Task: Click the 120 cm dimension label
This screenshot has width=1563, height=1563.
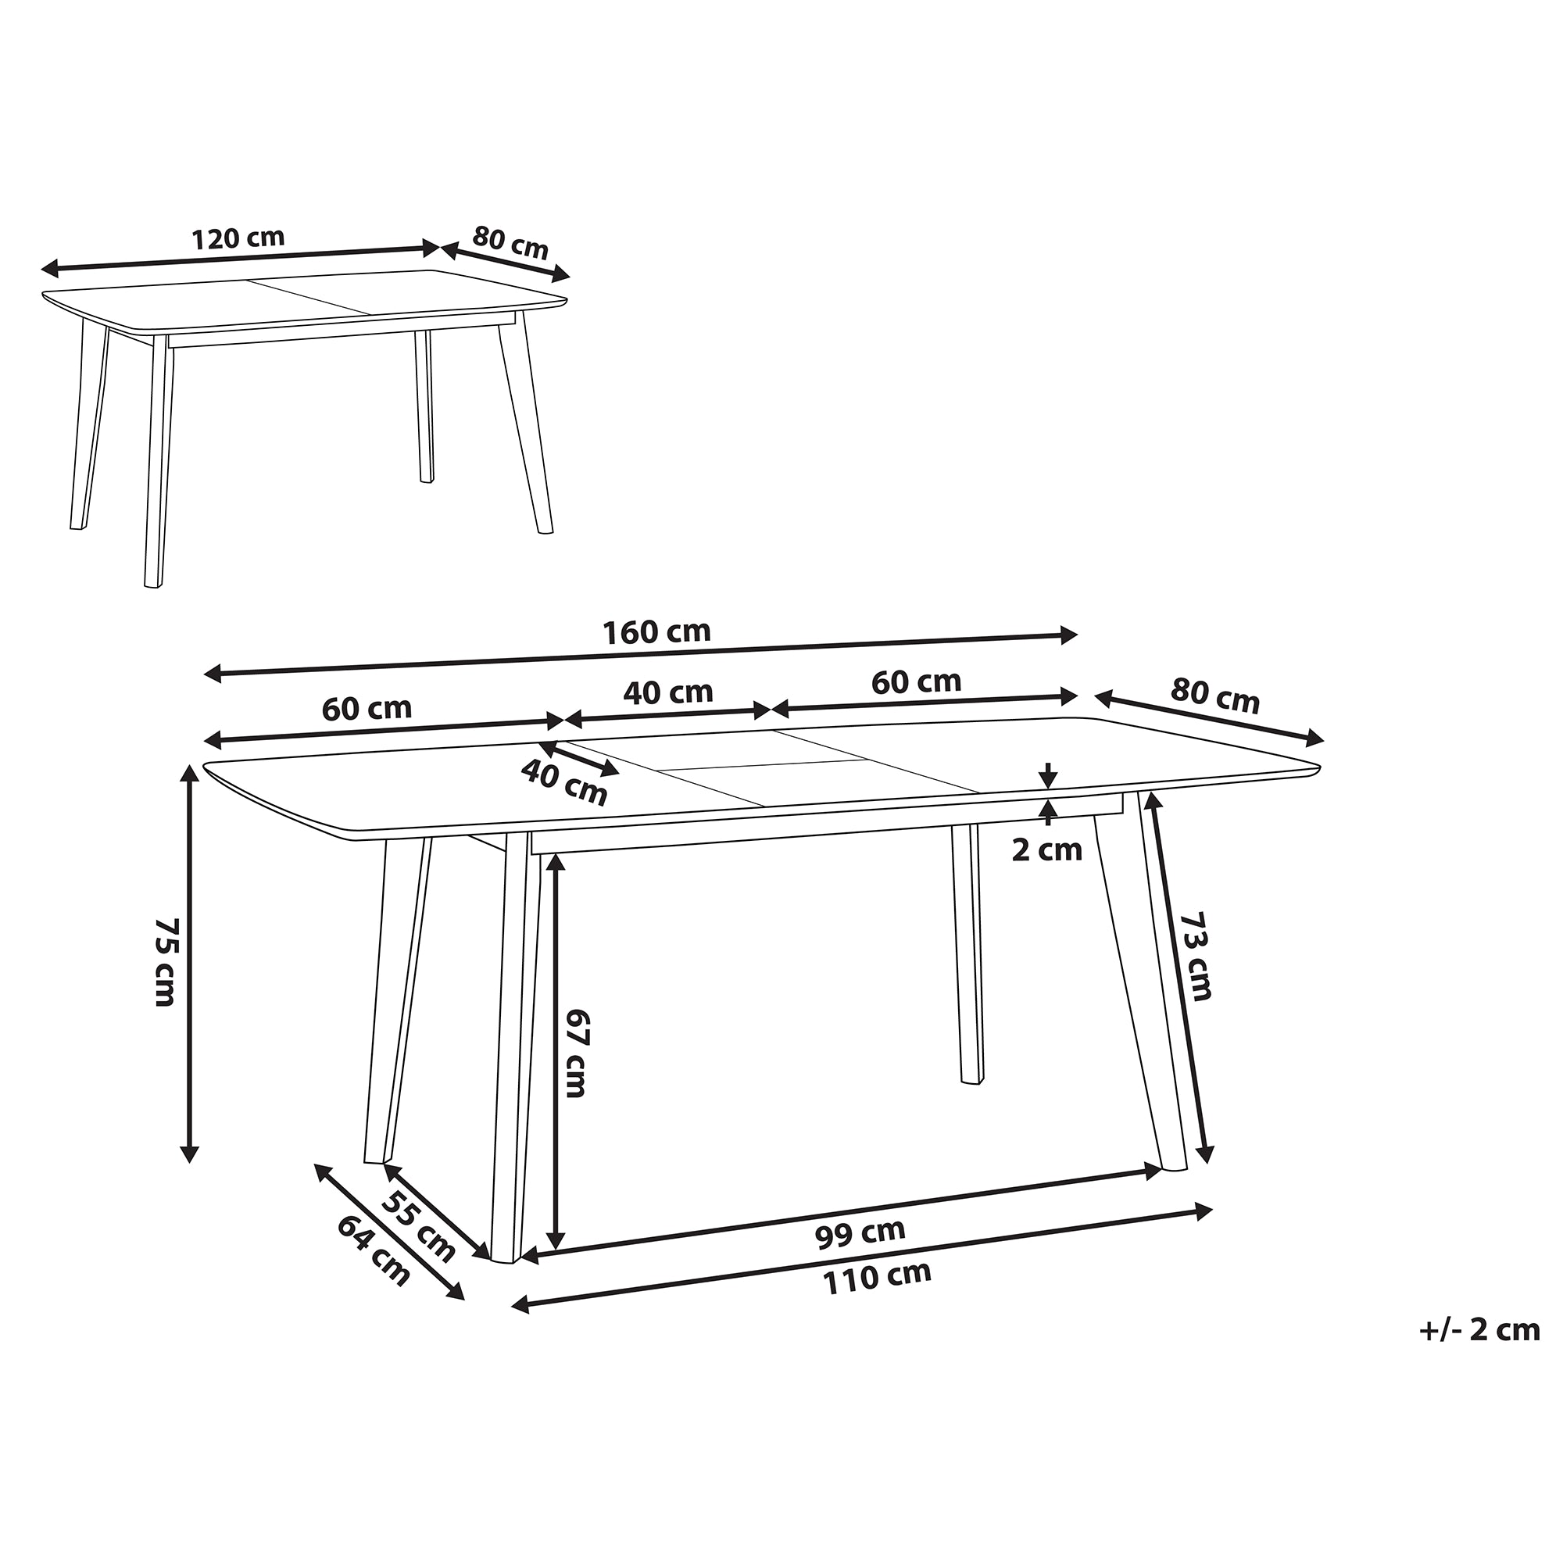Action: pyautogui.click(x=238, y=238)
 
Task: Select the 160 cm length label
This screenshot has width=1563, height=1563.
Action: pyautogui.click(x=657, y=631)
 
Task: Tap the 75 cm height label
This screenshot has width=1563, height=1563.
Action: pyautogui.click(x=164, y=962)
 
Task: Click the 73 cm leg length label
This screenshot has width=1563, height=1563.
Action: pyautogui.click(x=1196, y=957)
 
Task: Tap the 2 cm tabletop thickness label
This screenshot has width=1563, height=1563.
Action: pyautogui.click(x=1047, y=850)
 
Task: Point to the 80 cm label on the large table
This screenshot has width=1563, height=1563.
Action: pyautogui.click(x=1215, y=696)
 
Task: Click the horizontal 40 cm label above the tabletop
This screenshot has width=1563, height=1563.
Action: pyautogui.click(x=668, y=692)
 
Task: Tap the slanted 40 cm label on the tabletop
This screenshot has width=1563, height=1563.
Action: pyautogui.click(x=564, y=783)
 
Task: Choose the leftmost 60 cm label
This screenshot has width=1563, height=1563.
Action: pyautogui.click(x=367, y=709)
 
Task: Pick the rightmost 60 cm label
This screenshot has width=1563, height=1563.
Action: pyautogui.click(x=916, y=682)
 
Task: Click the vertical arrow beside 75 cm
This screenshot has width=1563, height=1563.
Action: pyautogui.click(x=190, y=964)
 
